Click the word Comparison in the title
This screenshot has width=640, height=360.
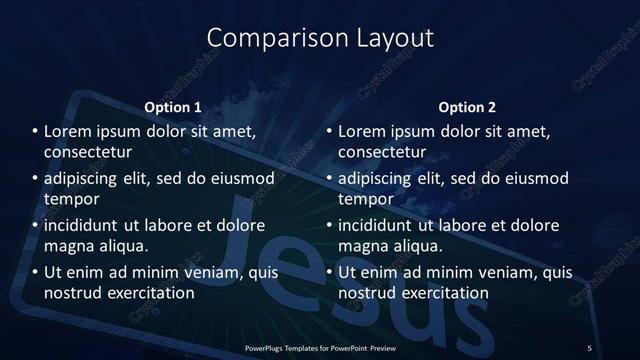coord(265,38)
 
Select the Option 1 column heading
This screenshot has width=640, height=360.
coord(173,106)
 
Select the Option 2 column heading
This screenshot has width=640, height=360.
coord(466,106)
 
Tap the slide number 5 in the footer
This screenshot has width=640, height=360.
coord(590,346)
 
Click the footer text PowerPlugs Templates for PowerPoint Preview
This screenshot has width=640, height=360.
coord(319,346)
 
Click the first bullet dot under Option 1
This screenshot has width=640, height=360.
coord(35,131)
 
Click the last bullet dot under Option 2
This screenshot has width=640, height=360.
coord(329,272)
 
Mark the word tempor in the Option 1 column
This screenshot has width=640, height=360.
coord(69,200)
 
